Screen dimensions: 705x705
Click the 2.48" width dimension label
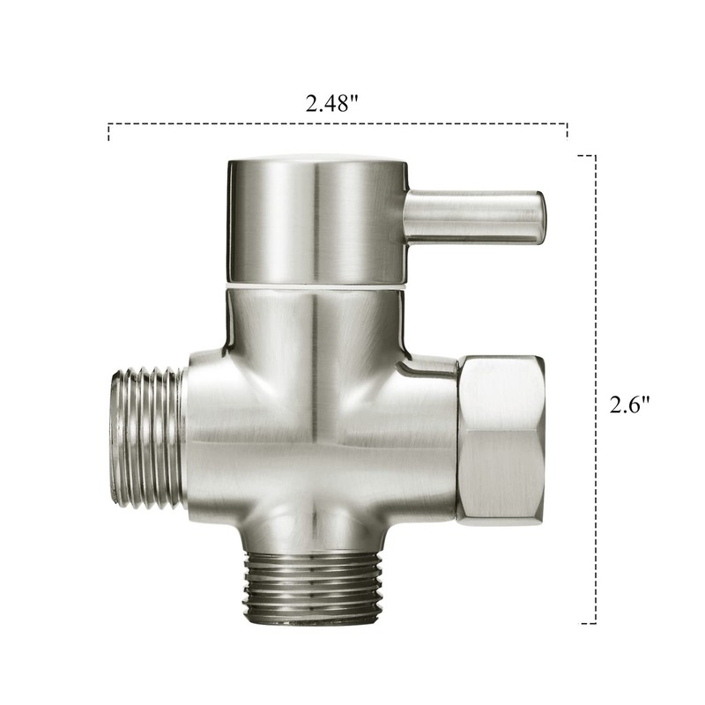point(332,103)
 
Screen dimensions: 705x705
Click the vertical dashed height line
point(597,388)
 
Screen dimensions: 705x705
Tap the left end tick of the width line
point(108,133)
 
